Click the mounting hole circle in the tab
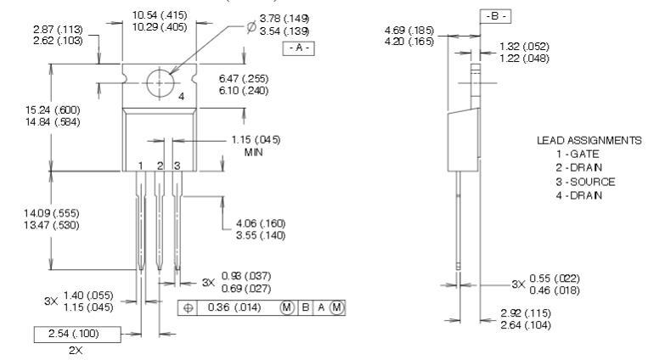(x=159, y=83)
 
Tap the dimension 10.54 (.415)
(x=161, y=14)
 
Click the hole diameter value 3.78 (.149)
(x=266, y=15)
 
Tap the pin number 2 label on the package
(x=159, y=165)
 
